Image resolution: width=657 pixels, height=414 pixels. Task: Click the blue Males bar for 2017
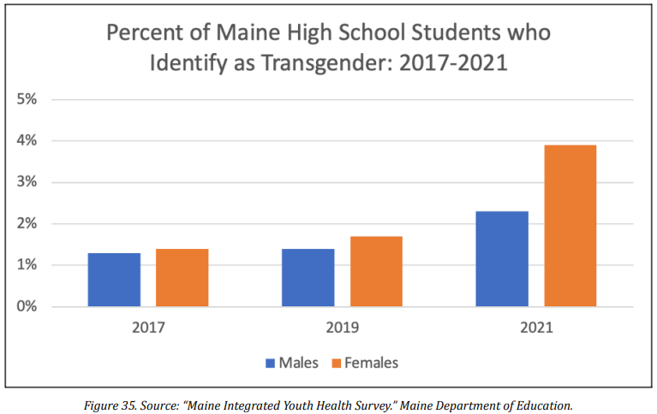tap(114, 280)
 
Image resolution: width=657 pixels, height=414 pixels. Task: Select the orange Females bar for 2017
tap(182, 278)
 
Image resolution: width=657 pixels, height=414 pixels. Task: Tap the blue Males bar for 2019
tap(308, 278)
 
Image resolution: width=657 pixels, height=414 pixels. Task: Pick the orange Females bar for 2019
tap(375, 271)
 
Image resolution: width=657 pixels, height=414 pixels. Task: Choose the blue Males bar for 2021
tap(502, 259)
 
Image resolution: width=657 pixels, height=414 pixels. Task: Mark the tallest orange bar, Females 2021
tap(570, 226)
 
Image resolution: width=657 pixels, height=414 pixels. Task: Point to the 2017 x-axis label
tap(148, 327)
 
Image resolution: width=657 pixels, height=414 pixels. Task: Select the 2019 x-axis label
tap(342, 327)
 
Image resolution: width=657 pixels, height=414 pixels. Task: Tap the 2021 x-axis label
tap(535, 327)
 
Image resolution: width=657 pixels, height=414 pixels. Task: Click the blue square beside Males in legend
tap(270, 363)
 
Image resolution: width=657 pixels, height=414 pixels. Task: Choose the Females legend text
tap(371, 363)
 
